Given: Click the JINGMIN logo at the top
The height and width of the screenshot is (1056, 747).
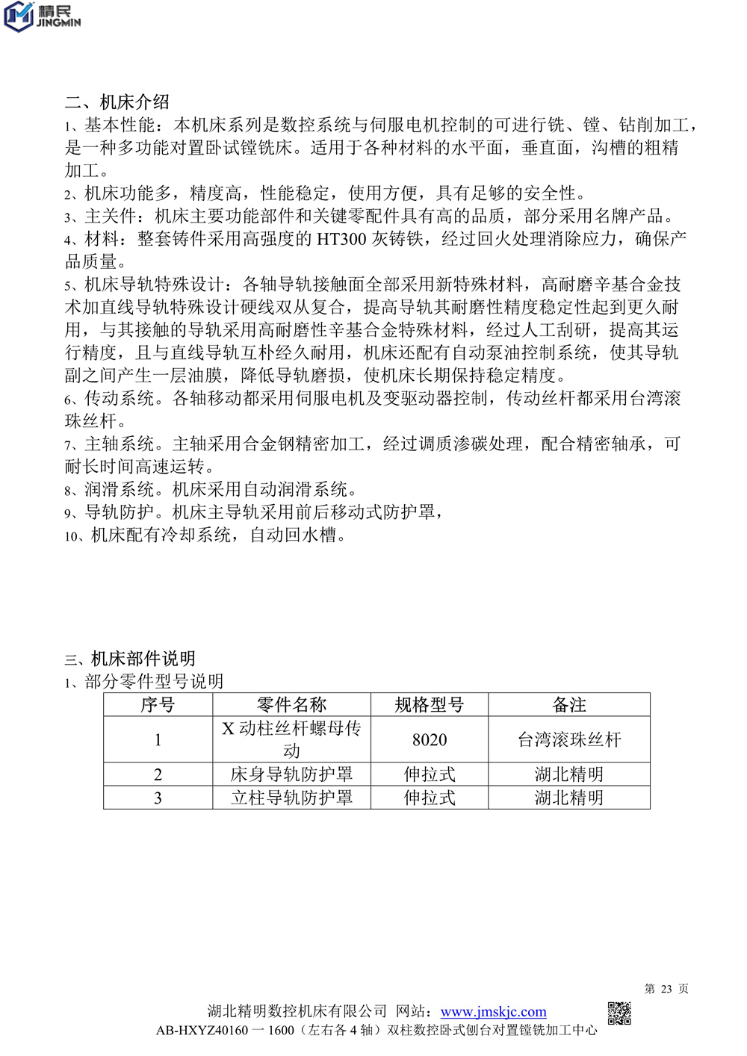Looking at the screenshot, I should [42, 16].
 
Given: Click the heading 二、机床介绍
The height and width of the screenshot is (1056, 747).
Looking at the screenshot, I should [117, 102].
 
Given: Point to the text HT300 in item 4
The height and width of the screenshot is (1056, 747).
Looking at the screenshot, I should [341, 239].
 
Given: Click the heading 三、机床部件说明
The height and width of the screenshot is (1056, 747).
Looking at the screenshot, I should [130, 659].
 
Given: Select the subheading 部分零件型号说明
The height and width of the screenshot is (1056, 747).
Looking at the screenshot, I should [153, 681].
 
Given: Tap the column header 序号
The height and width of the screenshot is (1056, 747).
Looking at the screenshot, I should [158, 705].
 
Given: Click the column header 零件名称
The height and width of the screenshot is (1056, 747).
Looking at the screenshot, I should [291, 705].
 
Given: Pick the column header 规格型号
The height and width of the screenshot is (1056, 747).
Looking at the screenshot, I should [430, 705].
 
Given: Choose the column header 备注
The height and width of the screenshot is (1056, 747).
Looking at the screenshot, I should [569, 705].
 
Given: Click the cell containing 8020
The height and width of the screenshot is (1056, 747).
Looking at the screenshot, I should [430, 739].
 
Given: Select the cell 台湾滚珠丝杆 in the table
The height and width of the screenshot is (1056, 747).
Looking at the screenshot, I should [569, 739].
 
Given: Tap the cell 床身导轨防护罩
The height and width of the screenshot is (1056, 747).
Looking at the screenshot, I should [291, 774].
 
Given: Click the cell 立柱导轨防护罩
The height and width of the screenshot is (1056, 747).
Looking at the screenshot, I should [291, 798].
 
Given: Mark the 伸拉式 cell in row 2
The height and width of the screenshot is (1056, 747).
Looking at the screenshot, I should [430, 774].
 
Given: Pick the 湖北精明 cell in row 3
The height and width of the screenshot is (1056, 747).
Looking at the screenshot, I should [569, 798].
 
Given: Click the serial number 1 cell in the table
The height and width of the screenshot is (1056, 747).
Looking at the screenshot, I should [158, 739].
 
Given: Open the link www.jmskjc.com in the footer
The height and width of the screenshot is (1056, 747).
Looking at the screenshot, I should [493, 1012].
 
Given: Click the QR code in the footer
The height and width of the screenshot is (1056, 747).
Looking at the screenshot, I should [619, 1013].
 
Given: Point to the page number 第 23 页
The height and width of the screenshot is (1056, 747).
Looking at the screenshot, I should [666, 989].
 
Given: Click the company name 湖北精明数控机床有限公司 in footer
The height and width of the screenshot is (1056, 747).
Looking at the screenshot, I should [297, 1012].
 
